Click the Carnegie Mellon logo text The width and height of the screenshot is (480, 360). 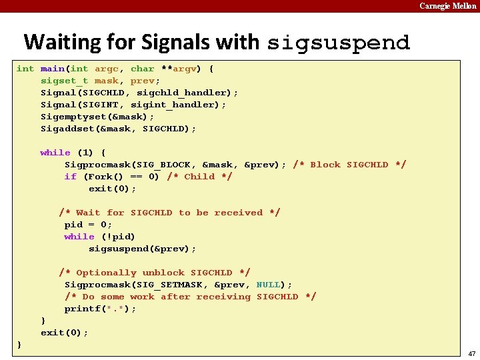447,6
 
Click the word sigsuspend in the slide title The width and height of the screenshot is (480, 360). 338,43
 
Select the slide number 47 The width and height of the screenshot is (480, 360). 471,353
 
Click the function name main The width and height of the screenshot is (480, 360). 52,69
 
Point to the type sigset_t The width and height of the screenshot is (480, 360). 65,81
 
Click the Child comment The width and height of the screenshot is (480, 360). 199,177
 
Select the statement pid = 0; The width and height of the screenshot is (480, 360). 88,225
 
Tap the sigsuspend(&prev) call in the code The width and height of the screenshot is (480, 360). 142,249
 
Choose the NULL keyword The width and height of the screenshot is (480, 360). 269,285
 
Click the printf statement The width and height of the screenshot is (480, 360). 100,309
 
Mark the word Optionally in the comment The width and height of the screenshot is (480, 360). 106,273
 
